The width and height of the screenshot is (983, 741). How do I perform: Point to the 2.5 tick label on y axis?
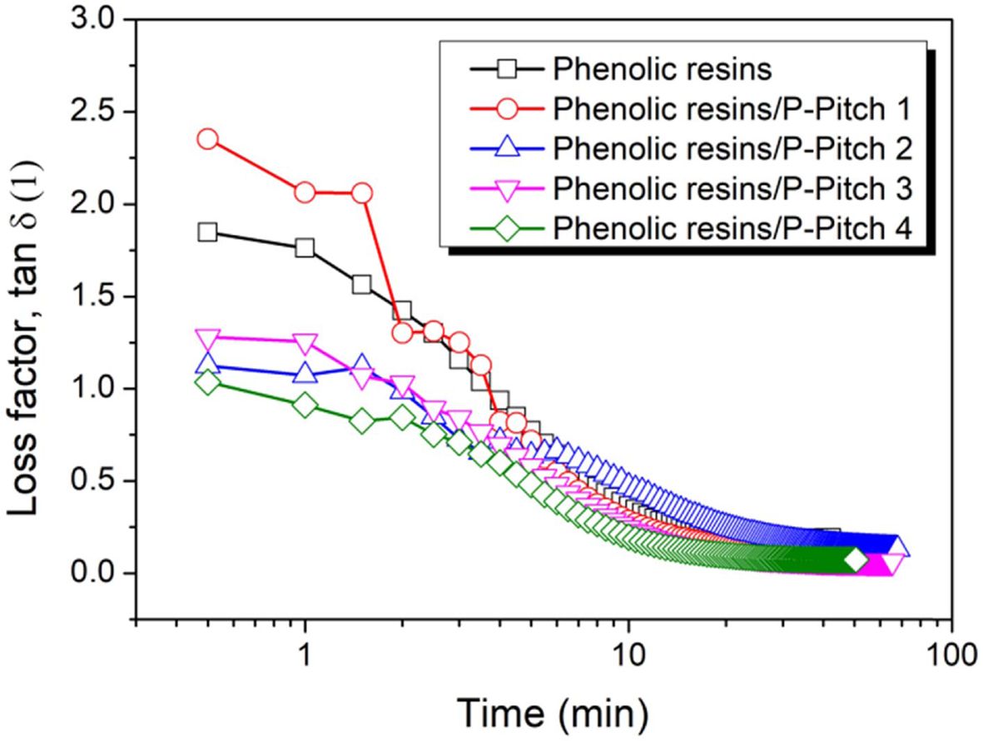(89, 112)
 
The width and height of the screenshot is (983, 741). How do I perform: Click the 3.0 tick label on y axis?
(89, 20)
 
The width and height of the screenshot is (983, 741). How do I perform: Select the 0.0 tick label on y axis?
(89, 574)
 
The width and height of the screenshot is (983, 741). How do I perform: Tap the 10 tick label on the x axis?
(628, 654)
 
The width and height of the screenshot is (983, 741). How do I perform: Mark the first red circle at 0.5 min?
(207, 139)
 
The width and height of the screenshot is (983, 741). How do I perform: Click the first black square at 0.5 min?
(207, 232)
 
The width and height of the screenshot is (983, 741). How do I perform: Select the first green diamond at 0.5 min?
(207, 382)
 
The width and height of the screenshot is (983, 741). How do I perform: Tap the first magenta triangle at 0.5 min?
(207, 338)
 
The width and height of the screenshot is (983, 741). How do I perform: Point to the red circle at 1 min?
(305, 193)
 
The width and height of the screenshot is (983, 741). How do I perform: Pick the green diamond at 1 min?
(305, 405)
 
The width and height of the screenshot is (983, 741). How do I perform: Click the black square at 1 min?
(305, 248)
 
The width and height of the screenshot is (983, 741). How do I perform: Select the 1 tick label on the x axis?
(305, 654)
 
